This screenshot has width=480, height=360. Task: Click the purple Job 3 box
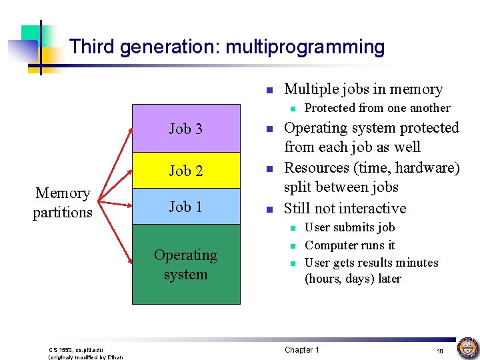(x=185, y=129)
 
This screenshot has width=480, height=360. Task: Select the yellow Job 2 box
(x=185, y=171)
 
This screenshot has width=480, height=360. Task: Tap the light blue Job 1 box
(x=185, y=207)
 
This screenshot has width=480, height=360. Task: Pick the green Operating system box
(x=185, y=265)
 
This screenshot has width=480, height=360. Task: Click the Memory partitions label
(x=63, y=203)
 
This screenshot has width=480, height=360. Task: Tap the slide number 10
(x=439, y=351)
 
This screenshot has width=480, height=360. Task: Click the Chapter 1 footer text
(x=302, y=350)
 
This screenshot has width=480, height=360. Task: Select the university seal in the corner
(x=467, y=348)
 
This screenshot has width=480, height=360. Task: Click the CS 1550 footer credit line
(x=76, y=350)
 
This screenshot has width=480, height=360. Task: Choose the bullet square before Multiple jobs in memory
(x=268, y=90)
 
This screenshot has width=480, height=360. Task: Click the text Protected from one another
(x=377, y=108)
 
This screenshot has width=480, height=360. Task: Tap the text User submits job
(x=349, y=227)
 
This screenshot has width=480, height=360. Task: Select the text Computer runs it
(x=349, y=245)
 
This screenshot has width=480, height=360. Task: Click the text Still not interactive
(x=345, y=208)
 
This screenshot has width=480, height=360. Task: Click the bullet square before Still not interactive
(x=268, y=209)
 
